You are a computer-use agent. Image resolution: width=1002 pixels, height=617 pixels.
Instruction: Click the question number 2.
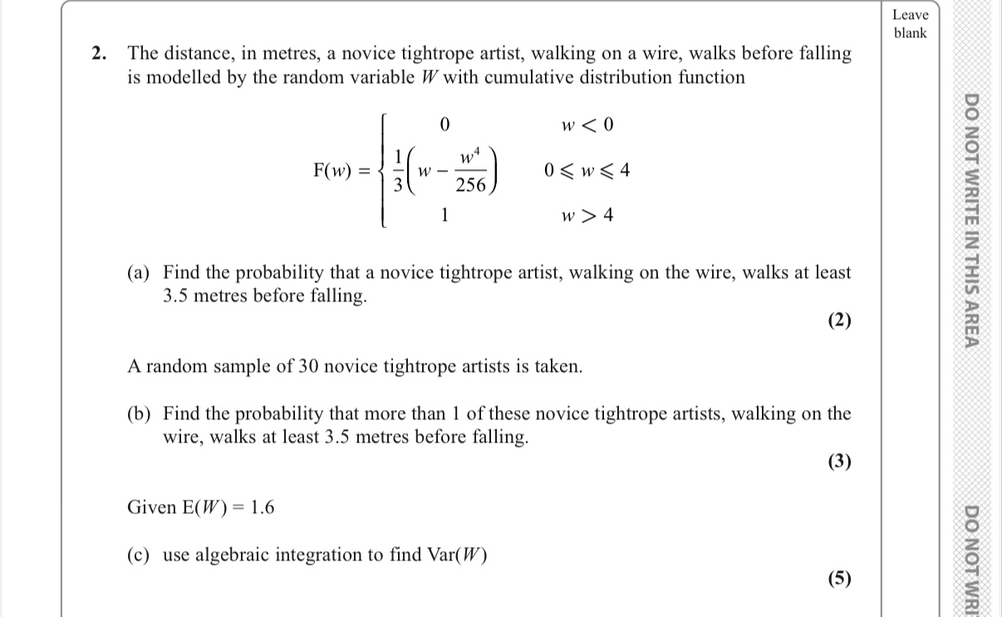coord(99,54)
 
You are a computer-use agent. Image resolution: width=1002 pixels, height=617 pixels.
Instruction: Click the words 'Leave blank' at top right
coord(910,24)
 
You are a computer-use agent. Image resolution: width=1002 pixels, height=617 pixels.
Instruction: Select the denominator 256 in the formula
coord(470,186)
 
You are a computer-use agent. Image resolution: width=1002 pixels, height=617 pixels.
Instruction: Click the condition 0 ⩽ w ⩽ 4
coord(587,171)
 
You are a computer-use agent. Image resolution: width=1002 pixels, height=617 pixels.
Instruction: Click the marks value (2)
coord(839,321)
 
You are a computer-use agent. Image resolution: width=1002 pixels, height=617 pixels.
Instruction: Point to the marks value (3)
coord(839,462)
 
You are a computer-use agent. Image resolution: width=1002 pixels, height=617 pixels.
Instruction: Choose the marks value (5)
coord(839,579)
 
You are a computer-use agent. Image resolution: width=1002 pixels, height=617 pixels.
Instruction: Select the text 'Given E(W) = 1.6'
coord(200,507)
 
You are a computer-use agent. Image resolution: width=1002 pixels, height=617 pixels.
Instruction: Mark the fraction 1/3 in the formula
coord(399,171)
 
